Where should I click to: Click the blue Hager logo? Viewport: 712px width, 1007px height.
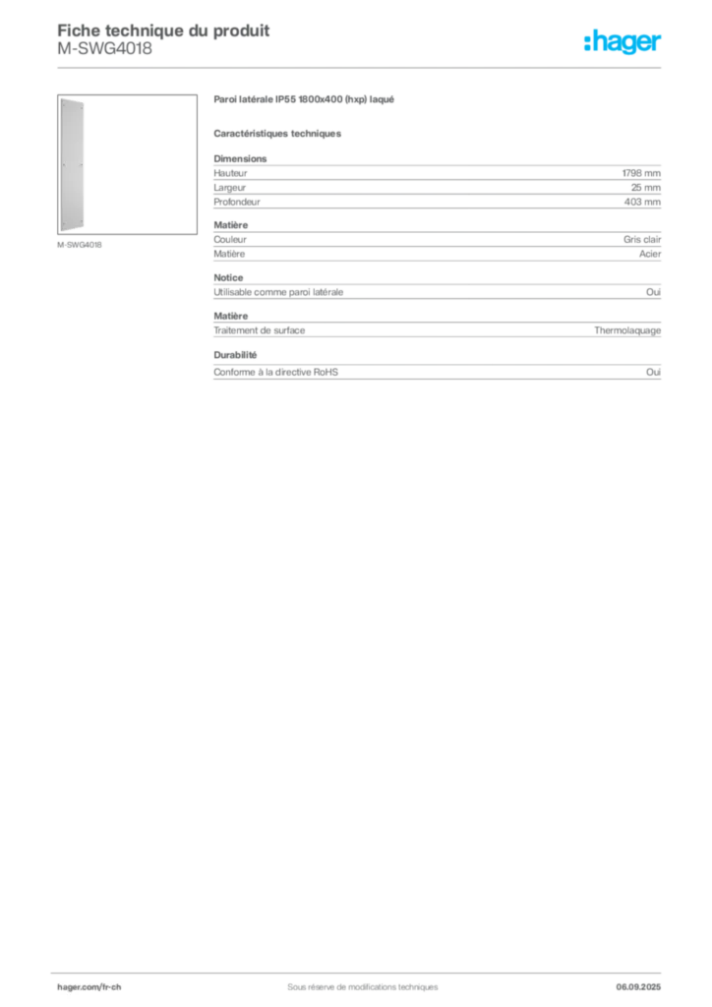(x=623, y=43)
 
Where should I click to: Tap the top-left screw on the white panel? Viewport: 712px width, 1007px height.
(x=63, y=106)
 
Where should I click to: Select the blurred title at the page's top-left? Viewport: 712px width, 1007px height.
(x=163, y=30)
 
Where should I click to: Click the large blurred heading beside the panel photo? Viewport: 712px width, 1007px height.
(x=306, y=101)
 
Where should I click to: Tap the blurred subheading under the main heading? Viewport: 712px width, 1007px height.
(x=279, y=133)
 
